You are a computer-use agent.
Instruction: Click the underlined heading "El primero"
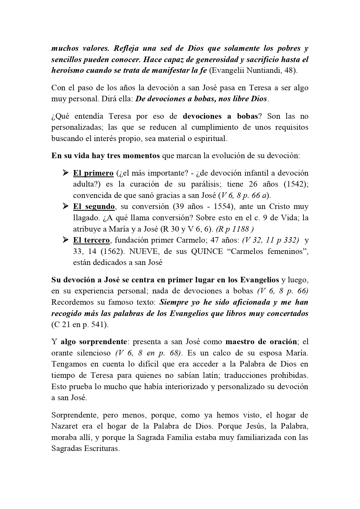[93, 173]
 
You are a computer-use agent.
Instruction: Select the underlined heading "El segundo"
[94, 207]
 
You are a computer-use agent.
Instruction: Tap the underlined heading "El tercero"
[91, 240]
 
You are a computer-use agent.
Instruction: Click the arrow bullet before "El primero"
[65, 173]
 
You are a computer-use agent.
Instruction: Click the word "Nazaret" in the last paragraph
[64, 426]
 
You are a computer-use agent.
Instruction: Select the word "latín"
[203, 376]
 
